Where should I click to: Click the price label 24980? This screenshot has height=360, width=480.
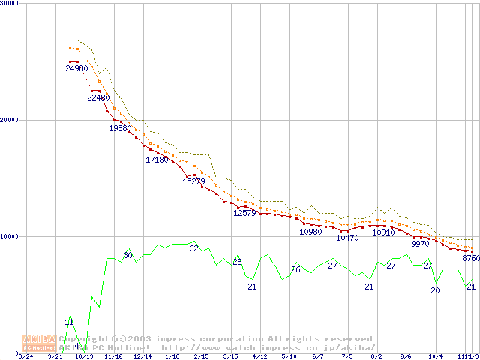pos(76,69)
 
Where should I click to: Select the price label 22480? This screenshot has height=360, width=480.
pos(98,97)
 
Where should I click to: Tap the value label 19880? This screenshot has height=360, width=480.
pos(120,128)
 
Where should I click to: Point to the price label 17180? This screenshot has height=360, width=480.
pos(157,160)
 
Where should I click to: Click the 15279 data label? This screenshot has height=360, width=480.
pos(193,181)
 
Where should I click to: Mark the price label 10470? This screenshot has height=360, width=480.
pos(347,238)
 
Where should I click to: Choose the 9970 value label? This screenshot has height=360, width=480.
pos(421,244)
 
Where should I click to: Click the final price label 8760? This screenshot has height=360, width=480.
pos(471,258)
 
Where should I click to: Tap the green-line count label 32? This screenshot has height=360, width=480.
pos(193,248)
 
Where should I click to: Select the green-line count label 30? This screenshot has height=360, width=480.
pos(127,256)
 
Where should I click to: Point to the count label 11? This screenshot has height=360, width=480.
pos(69,322)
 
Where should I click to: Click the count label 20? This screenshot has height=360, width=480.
pos(435,290)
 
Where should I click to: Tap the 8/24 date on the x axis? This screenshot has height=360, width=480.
pos(25,356)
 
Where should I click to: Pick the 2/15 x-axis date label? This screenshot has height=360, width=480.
pos(201,356)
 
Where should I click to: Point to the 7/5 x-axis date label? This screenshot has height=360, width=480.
pos(347,356)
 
